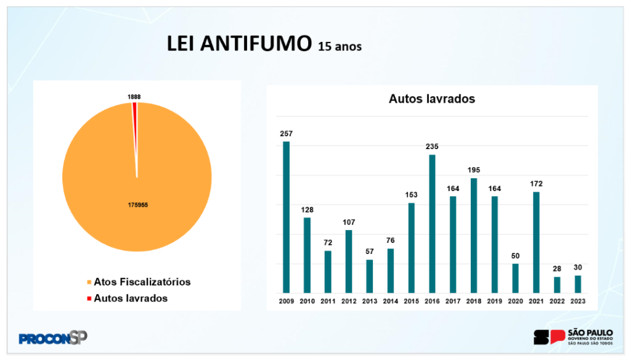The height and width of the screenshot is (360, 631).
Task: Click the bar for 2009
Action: click(x=286, y=217)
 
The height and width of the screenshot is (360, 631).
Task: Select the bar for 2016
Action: click(x=432, y=224)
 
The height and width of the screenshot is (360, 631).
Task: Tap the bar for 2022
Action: click(x=557, y=285)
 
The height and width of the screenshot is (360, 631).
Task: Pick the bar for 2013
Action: click(x=369, y=276)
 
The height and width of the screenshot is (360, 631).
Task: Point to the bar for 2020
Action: click(x=515, y=278)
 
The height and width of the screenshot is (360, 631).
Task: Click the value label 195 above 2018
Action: click(x=473, y=170)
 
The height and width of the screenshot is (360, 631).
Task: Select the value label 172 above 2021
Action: click(x=536, y=183)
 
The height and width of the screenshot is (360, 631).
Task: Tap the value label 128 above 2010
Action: click(x=307, y=209)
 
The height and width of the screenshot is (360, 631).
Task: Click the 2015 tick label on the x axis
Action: click(x=411, y=302)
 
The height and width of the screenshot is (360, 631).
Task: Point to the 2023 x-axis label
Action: click(x=578, y=302)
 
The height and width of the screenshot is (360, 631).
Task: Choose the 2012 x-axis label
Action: click(x=349, y=302)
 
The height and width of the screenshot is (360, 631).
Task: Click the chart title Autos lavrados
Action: click(x=432, y=99)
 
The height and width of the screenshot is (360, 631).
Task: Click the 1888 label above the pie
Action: click(x=134, y=97)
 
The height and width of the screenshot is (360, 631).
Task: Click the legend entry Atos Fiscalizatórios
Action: click(x=142, y=282)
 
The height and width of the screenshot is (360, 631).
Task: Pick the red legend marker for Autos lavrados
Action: click(x=89, y=298)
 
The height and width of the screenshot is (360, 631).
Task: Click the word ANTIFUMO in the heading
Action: click(x=259, y=44)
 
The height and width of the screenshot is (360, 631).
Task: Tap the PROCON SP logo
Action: click(x=53, y=338)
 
